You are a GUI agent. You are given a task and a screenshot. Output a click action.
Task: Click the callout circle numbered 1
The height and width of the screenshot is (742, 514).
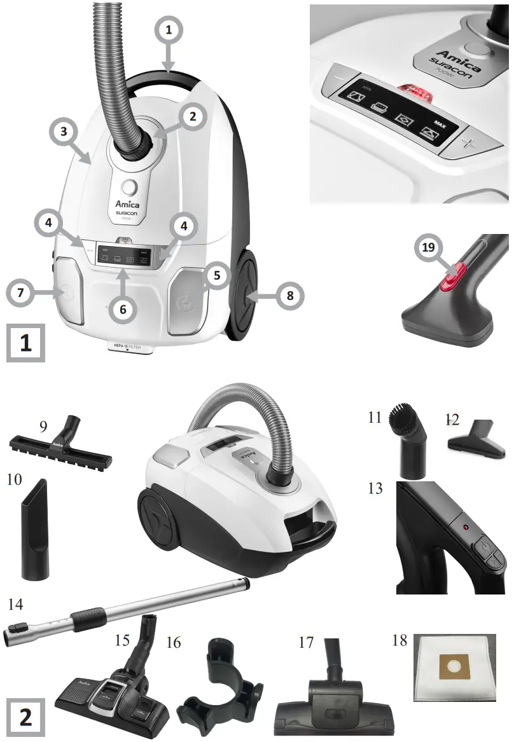pos(169,29)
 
